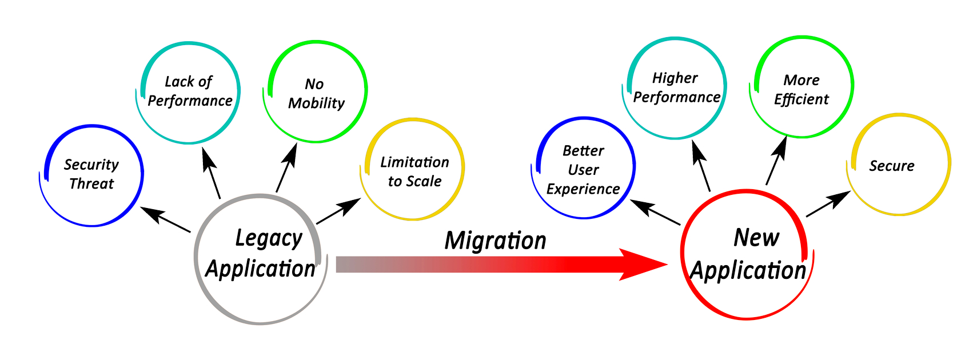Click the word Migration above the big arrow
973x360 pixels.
[495, 241]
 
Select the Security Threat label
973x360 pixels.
[91, 174]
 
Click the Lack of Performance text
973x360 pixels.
[190, 91]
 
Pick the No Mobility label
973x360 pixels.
[316, 94]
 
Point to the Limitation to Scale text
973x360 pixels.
[414, 171]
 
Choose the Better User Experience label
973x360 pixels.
[583, 170]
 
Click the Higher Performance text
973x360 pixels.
[676, 87]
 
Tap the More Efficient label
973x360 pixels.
[801, 90]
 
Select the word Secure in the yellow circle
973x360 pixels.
[892, 166]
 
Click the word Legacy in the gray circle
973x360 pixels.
[269, 238]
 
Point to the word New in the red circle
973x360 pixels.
[756, 238]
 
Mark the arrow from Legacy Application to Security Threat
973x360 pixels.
[165, 219]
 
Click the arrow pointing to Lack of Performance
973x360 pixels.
[212, 173]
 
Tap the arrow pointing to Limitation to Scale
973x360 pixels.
[338, 211]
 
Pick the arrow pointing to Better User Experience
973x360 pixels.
[655, 212]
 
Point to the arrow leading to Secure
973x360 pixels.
[828, 204]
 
